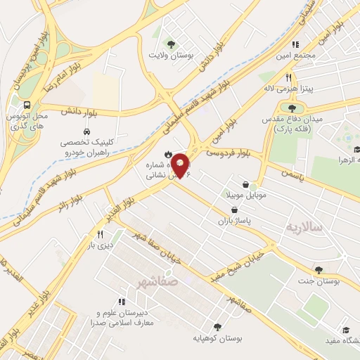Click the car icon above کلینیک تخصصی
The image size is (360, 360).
coord(86,131)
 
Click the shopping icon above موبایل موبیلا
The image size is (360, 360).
coord(245,184)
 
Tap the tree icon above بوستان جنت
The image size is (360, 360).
coord(319,269)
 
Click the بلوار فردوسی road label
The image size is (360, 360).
coord(229,152)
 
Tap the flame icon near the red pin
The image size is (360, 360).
coord(167,154)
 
